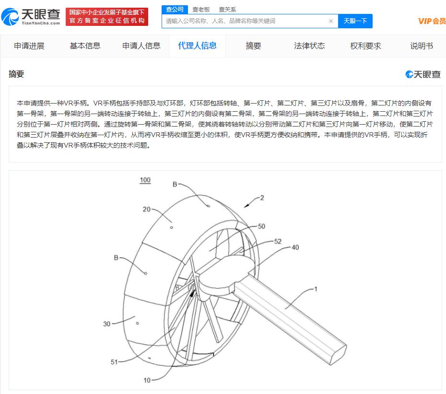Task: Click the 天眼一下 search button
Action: click(355, 21)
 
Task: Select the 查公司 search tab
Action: click(175, 10)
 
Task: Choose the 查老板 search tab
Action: click(201, 10)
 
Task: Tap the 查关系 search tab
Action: click(227, 10)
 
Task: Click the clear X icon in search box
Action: click(330, 21)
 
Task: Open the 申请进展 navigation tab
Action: click(29, 46)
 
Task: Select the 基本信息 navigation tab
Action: click(85, 46)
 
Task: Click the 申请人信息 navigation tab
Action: click(141, 46)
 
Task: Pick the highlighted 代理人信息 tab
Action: click(197, 46)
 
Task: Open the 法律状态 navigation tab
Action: click(309, 46)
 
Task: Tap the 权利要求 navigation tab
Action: click(365, 46)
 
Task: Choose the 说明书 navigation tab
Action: click(421, 46)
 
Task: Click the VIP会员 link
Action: click(432, 21)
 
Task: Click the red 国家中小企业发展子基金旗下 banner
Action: click(107, 16)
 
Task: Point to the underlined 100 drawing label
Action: click(145, 180)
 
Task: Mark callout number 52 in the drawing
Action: click(278, 242)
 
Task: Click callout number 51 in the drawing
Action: click(114, 362)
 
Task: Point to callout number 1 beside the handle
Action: click(316, 289)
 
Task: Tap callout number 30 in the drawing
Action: click(106, 324)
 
